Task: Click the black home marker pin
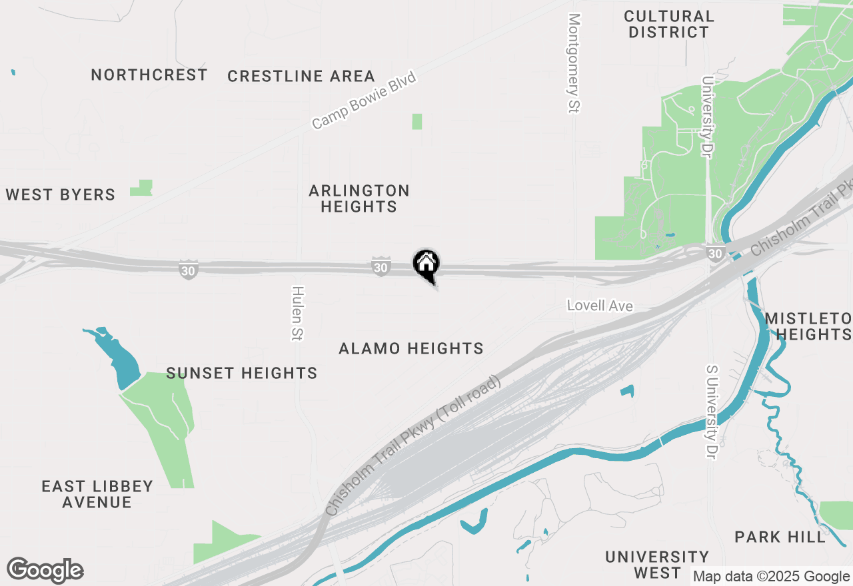pos(426,264)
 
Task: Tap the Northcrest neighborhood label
pos(149,75)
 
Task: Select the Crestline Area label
pos(301,77)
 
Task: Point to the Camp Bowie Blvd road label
pos(364,101)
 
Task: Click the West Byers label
pos(61,195)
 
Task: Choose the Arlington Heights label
pos(359,198)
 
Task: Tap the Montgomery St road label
pos(574,63)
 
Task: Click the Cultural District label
pos(669,24)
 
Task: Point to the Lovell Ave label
pos(600,306)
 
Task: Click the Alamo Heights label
pos(411,348)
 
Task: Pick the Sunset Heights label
pos(242,373)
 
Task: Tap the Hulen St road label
pos(297,314)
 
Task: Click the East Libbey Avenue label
pos(97,494)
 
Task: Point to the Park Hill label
pos(780,537)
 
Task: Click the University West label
pos(657,565)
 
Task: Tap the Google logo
pos(45,570)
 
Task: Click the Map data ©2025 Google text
pos(771,577)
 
